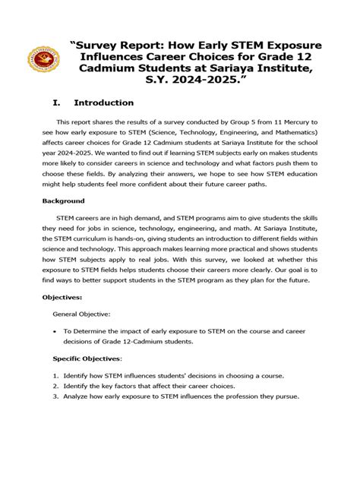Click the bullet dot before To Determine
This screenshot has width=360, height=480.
[x=55, y=332]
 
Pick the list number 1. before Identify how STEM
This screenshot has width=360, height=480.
[x=55, y=375]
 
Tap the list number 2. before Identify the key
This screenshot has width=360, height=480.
[x=55, y=386]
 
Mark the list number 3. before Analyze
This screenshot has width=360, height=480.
[x=55, y=396]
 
